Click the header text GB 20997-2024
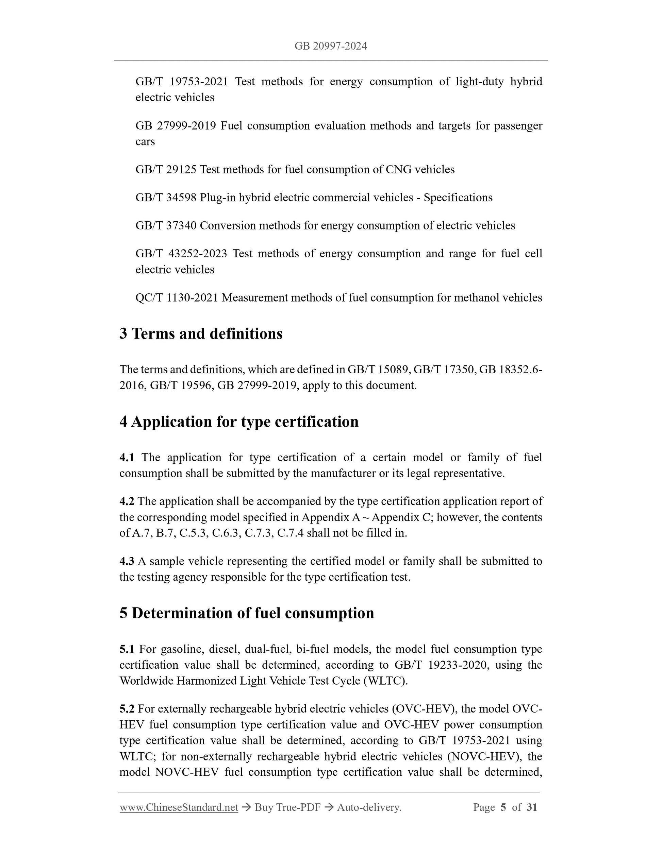pyautogui.click(x=331, y=46)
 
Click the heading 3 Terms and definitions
pyautogui.click(x=201, y=334)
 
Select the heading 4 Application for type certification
pyautogui.click(x=239, y=422)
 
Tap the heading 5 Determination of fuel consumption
pyautogui.click(x=247, y=613)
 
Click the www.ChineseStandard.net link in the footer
pyautogui.click(x=179, y=807)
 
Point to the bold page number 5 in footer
pyautogui.click(x=503, y=807)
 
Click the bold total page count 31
pyautogui.click(x=531, y=807)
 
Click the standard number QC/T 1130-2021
pyautogui.click(x=177, y=298)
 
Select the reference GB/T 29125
pyautogui.click(x=165, y=169)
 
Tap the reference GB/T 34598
pyautogui.click(x=165, y=198)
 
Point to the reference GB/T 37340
pyautogui.click(x=165, y=226)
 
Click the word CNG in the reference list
pyautogui.click(x=398, y=169)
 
